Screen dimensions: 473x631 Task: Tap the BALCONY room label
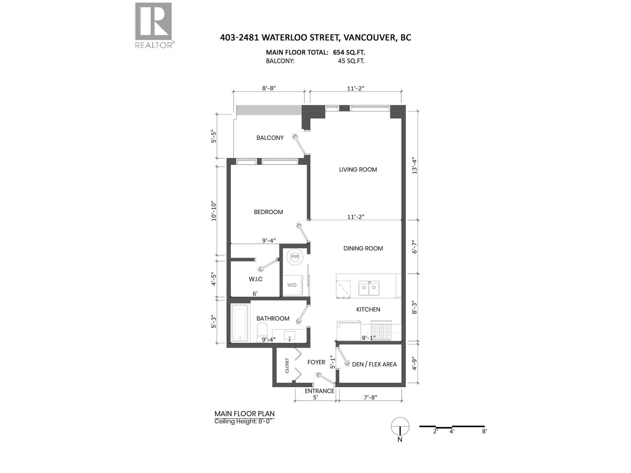tap(270, 138)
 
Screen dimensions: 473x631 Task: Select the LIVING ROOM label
tap(358, 169)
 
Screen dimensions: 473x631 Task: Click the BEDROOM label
tap(268, 212)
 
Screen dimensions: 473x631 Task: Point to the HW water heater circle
tap(295, 257)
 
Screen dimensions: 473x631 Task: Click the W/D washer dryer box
tap(292, 285)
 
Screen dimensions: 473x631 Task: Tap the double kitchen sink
tap(369, 288)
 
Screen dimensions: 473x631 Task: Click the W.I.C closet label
tap(256, 279)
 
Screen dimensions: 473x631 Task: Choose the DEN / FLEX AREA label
tap(374, 364)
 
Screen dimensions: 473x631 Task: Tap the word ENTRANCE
tap(319, 391)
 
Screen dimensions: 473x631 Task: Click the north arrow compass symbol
tap(400, 427)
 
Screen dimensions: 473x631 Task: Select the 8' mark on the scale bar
tap(484, 431)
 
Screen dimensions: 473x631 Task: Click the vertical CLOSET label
tap(287, 365)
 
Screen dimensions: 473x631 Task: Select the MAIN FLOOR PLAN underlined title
tap(245, 413)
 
